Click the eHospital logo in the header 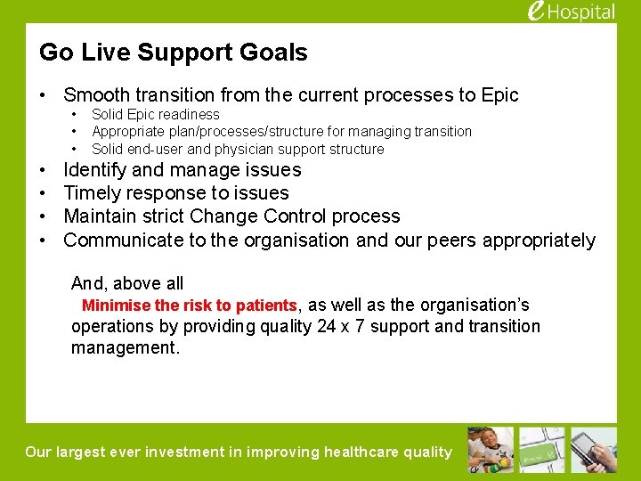[571, 12]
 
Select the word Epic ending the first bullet [499, 94]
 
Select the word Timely [93, 193]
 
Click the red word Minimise [116, 306]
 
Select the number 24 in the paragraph [326, 326]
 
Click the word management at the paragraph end [125, 347]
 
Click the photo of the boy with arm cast [491, 449]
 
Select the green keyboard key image [542, 449]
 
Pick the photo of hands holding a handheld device [594, 449]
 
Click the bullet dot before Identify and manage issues [44, 170]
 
